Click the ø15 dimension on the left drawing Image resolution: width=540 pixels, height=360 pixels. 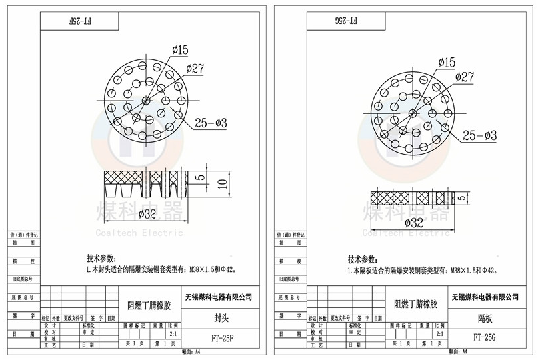[x=181, y=50]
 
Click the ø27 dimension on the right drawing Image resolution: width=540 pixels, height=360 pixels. [x=465, y=77]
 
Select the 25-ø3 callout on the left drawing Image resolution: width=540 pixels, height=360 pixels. [x=211, y=123]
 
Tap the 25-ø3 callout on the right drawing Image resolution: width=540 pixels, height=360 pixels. [x=479, y=135]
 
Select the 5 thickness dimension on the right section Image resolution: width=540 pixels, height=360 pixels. [x=461, y=197]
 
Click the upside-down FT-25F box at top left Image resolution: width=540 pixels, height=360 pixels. [x=80, y=21]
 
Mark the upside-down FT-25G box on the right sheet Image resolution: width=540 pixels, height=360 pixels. [x=346, y=21]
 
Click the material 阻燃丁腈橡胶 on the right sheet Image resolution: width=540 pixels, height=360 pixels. [x=416, y=304]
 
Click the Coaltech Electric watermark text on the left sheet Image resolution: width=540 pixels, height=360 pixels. [x=139, y=233]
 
